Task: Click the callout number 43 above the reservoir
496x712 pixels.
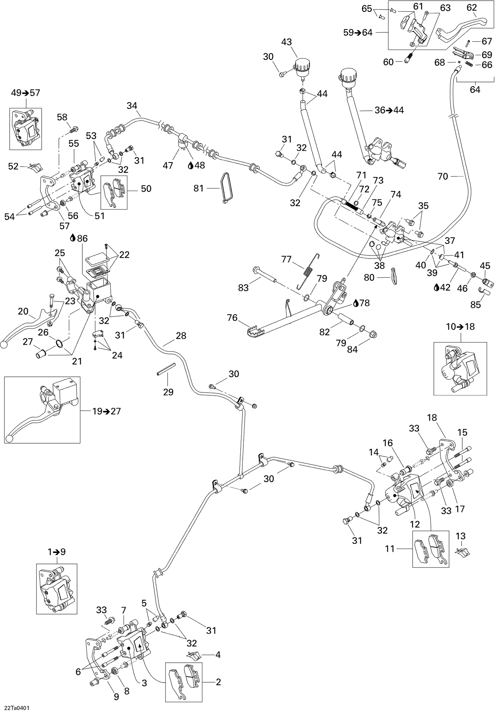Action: tap(286, 42)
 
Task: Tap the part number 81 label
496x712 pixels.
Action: tap(198, 188)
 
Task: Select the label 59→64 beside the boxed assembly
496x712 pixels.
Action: tap(358, 32)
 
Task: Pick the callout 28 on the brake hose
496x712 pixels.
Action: tap(181, 336)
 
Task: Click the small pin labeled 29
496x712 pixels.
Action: tap(166, 373)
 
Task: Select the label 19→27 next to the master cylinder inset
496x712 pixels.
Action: tap(106, 411)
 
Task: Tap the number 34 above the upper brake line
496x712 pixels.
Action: tap(132, 106)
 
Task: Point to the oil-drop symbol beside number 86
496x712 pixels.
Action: tap(73, 238)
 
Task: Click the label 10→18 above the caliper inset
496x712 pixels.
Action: tap(460, 327)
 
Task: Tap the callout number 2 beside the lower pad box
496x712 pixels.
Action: tap(218, 682)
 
